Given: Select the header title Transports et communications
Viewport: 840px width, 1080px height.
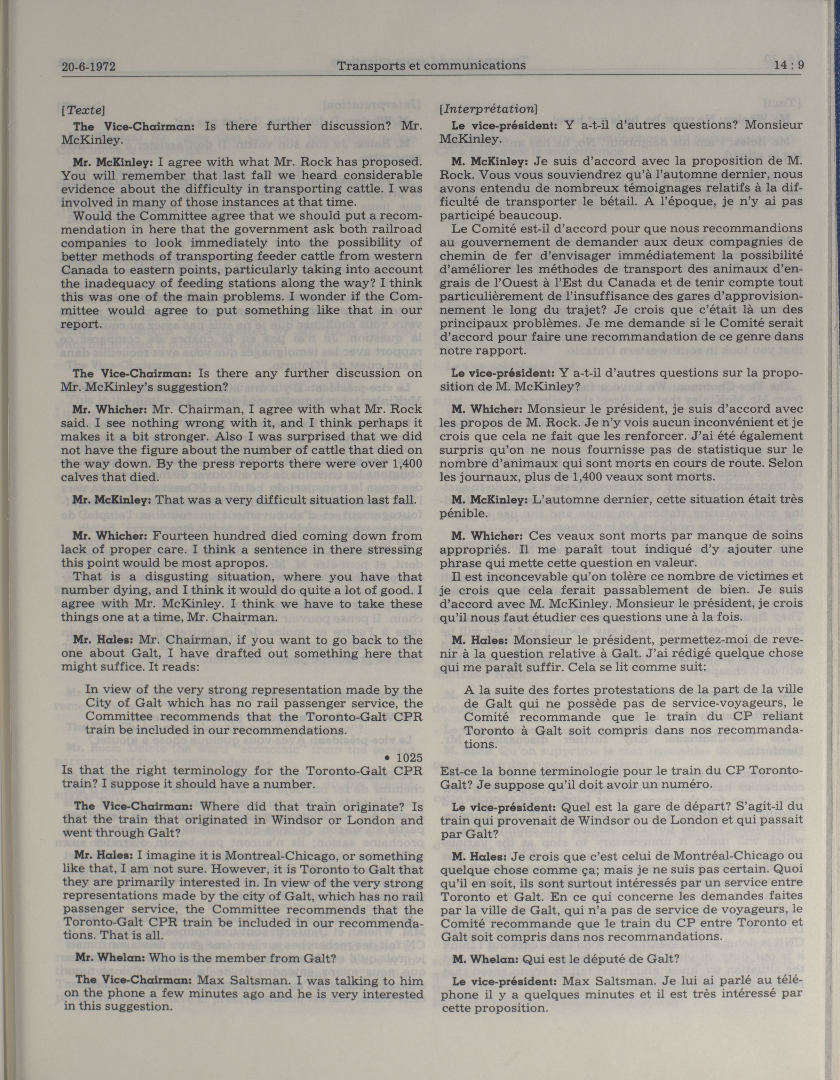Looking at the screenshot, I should click(x=431, y=65).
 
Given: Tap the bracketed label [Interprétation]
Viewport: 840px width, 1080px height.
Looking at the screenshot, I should click(x=488, y=108).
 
